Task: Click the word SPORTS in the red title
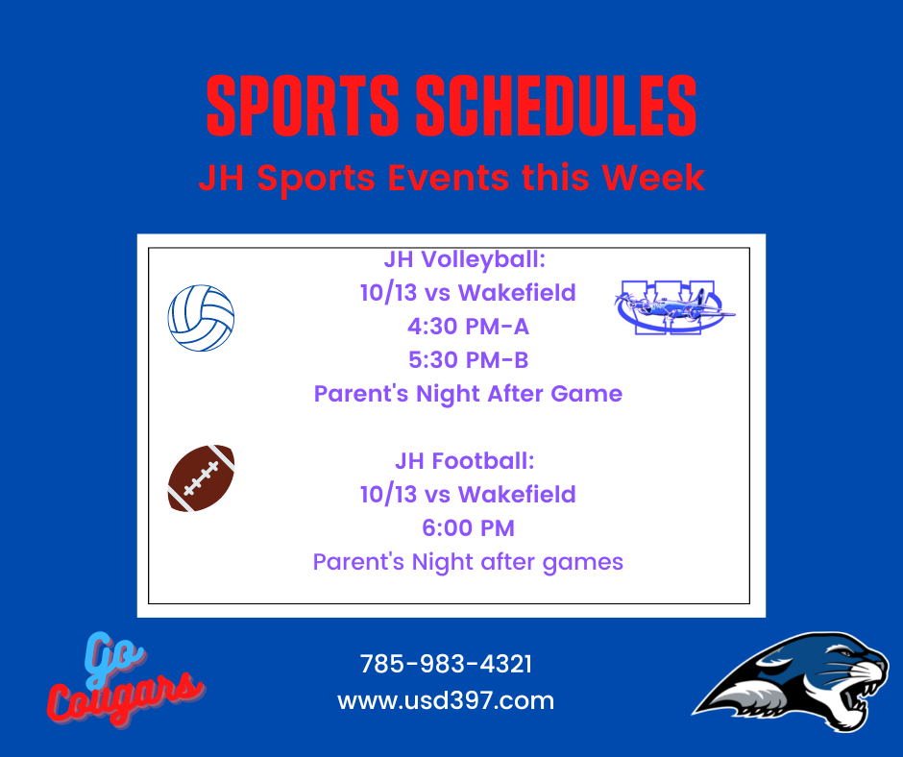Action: click(303, 106)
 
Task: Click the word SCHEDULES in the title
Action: click(556, 106)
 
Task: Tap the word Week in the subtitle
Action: click(653, 177)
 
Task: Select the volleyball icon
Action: click(201, 318)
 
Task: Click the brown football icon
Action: click(201, 478)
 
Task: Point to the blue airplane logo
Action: click(674, 307)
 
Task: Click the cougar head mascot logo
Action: click(792, 682)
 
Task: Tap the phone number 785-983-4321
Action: click(446, 664)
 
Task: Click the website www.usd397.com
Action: click(446, 700)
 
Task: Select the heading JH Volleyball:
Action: click(465, 259)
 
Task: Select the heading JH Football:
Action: click(465, 461)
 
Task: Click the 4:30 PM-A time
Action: click(468, 327)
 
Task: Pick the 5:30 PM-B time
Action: click(468, 360)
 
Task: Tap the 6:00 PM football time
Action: click(468, 528)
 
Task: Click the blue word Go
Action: click(114, 658)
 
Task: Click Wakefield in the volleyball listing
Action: click(517, 293)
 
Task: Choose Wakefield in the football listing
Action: click(517, 495)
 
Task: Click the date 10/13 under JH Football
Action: click(388, 495)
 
